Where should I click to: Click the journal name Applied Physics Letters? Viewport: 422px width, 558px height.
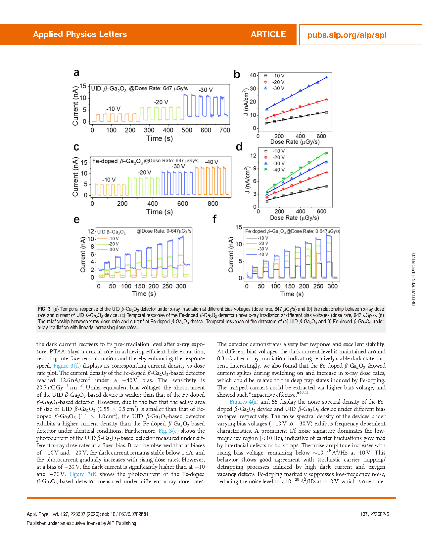(80, 34)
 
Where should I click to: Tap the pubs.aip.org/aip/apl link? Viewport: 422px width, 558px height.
(347, 35)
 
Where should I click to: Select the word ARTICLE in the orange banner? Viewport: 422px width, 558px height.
(268, 34)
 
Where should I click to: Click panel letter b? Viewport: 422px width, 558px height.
(237, 75)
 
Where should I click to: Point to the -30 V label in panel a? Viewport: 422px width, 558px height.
(206, 90)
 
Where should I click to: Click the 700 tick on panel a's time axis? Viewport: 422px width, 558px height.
(225, 130)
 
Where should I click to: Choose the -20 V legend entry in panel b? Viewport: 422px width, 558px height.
(278, 82)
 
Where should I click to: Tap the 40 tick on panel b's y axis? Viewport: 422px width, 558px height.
(253, 75)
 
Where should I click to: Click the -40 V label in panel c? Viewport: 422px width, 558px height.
(211, 162)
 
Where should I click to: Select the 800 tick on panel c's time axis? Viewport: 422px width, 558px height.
(213, 204)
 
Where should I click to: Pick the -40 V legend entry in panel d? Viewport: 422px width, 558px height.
(278, 170)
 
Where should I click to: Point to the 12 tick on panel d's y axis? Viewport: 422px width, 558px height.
(254, 156)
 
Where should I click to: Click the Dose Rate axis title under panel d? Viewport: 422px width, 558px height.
(294, 218)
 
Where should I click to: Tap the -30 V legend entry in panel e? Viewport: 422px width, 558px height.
(113, 250)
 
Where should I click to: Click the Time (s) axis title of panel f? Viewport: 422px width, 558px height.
(292, 294)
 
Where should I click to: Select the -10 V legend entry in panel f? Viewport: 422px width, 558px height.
(263, 238)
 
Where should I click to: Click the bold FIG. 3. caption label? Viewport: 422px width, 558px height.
(45, 309)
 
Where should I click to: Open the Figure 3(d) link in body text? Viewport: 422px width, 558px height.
(67, 366)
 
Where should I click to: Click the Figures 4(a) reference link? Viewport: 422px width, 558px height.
(244, 402)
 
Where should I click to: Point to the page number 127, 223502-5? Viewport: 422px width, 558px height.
(374, 514)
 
